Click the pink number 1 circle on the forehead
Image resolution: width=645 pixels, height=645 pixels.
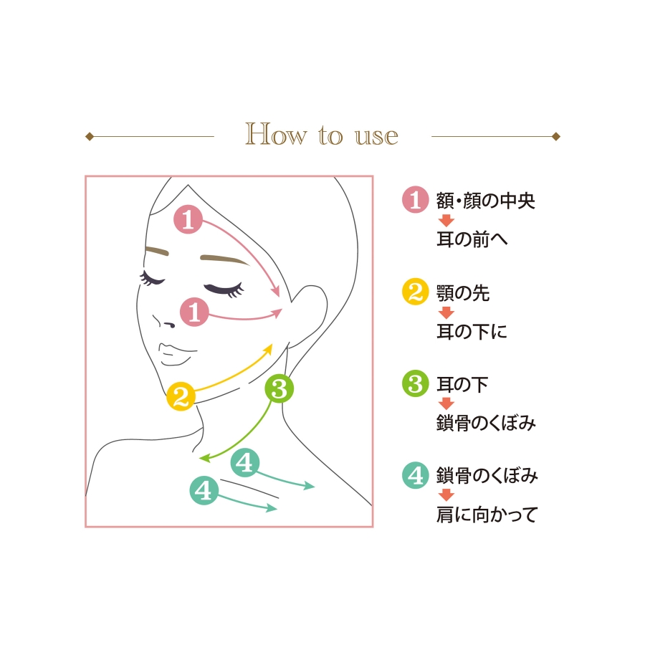(x=188, y=219)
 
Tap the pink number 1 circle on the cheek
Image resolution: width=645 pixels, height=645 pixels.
(x=194, y=312)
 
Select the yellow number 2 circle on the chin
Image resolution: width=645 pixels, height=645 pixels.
(x=181, y=396)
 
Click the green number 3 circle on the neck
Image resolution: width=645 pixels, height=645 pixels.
(x=279, y=388)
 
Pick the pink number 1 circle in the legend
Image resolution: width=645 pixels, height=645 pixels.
(x=416, y=199)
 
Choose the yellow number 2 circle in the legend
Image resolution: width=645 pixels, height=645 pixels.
(x=416, y=292)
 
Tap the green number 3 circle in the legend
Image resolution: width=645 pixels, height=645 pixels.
(x=416, y=383)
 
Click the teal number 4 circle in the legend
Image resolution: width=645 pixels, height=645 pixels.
(x=416, y=475)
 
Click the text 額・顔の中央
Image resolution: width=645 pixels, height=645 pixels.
(x=486, y=201)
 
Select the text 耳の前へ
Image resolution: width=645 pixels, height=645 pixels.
(x=472, y=239)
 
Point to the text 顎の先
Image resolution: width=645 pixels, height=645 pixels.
(x=463, y=293)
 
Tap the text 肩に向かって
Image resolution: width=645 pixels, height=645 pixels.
(x=487, y=514)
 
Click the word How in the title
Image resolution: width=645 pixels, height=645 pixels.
(x=276, y=134)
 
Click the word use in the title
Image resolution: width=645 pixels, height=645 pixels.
(x=376, y=136)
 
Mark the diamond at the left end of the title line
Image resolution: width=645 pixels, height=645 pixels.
(x=90, y=136)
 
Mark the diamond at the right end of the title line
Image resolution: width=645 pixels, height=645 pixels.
(x=556, y=136)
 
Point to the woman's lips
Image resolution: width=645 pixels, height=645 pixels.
(x=176, y=355)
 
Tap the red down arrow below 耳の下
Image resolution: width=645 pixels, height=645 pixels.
(x=446, y=403)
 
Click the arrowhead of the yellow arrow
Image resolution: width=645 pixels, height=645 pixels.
(x=268, y=350)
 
